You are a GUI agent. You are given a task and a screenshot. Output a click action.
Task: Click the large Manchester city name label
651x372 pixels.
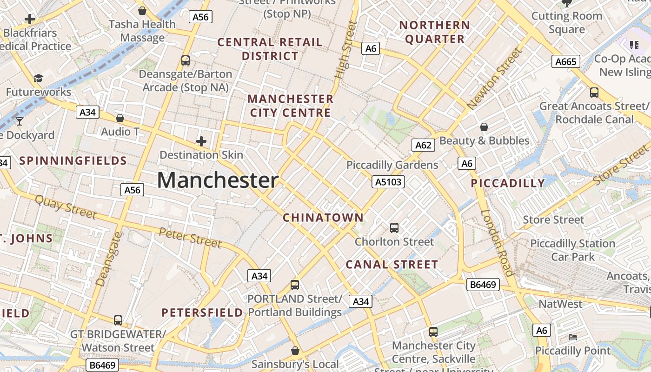(x=218, y=180)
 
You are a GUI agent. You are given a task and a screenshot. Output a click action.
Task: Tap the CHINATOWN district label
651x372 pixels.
(x=323, y=218)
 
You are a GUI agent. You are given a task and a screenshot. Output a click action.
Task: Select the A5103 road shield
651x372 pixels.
(x=388, y=181)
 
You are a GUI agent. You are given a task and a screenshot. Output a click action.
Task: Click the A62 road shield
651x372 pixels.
(x=423, y=145)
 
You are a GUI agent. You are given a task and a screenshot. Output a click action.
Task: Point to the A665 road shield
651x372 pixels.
(x=565, y=61)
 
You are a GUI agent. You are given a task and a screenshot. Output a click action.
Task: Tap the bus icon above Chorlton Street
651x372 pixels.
(x=394, y=227)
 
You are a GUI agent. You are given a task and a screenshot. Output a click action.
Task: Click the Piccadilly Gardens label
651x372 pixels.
(x=392, y=165)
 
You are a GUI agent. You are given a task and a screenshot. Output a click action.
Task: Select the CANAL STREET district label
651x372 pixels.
(x=392, y=265)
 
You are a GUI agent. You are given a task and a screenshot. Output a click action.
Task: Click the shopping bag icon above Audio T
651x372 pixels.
(x=120, y=118)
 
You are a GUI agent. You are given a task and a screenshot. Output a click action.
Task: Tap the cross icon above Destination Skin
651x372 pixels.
(x=201, y=141)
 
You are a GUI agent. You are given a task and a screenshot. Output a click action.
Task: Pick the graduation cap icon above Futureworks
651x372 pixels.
(x=38, y=78)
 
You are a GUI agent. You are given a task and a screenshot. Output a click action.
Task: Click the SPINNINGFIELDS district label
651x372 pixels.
(x=73, y=161)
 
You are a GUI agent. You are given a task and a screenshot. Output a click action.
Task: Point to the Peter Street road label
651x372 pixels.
(x=190, y=238)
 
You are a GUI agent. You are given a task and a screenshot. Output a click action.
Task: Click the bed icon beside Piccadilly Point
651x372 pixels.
(x=573, y=337)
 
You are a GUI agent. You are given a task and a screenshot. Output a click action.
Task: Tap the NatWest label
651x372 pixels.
(x=560, y=304)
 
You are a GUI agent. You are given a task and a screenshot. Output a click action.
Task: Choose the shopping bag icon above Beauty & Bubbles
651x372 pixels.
(x=484, y=126)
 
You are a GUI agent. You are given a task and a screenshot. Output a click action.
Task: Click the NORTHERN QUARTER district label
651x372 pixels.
(x=435, y=32)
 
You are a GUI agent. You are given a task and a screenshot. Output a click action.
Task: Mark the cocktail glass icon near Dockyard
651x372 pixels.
(x=19, y=121)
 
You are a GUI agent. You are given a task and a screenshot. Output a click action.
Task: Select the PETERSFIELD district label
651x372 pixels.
(x=202, y=312)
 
